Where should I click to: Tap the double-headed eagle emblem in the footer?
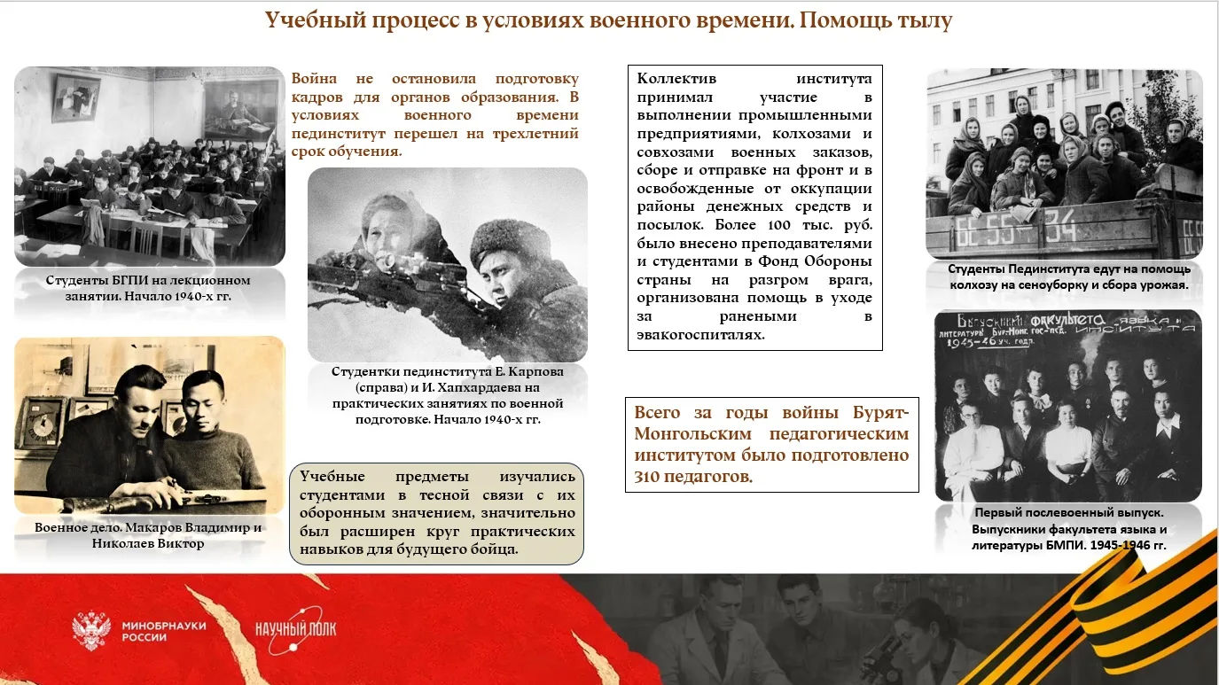click(x=91, y=630)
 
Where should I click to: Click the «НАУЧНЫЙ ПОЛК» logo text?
click(x=296, y=628)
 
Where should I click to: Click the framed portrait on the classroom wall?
click(x=240, y=108)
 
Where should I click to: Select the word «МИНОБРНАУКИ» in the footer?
click(x=164, y=626)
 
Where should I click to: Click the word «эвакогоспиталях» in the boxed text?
click(x=701, y=335)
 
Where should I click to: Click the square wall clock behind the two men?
click(x=43, y=424)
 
